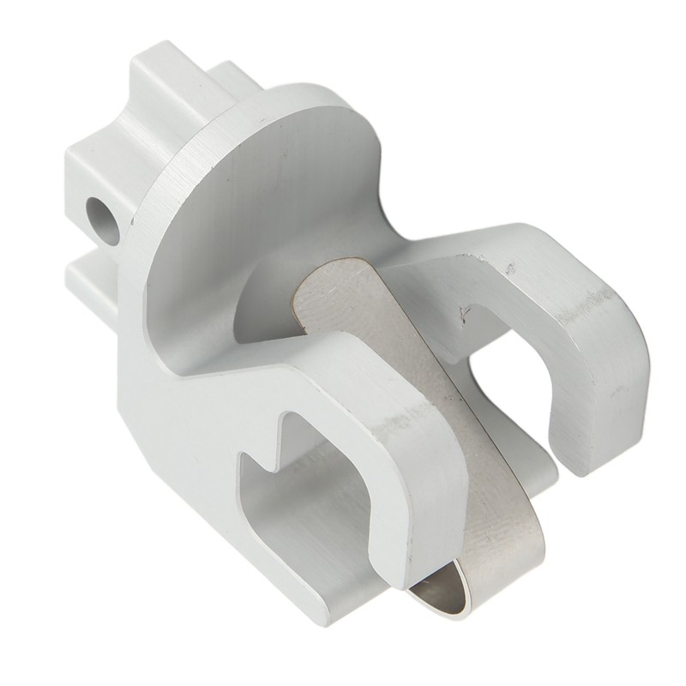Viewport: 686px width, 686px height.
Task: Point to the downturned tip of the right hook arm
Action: [600, 429]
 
